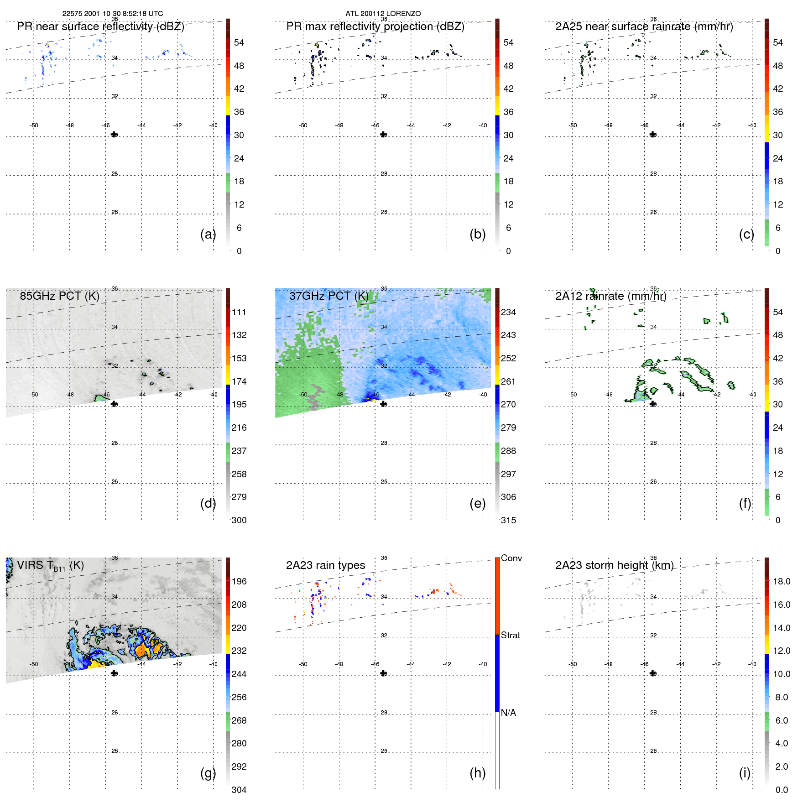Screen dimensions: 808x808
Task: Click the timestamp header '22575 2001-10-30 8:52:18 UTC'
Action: click(x=112, y=14)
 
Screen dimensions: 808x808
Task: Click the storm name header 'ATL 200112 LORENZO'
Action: click(x=383, y=14)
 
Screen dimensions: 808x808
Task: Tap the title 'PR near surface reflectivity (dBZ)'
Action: click(x=100, y=26)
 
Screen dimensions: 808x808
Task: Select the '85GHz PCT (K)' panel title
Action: click(x=59, y=296)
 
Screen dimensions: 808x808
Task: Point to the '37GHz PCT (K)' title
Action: click(x=328, y=296)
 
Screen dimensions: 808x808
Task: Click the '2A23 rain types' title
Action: click(x=325, y=566)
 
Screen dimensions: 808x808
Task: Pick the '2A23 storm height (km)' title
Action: click(x=614, y=566)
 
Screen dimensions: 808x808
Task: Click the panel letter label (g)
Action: click(x=208, y=773)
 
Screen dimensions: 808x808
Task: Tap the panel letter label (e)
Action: click(x=477, y=504)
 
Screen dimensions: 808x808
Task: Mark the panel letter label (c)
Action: click(x=746, y=235)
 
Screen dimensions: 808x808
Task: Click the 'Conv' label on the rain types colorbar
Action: click(x=511, y=558)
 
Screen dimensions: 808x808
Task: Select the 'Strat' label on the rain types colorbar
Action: click(x=510, y=636)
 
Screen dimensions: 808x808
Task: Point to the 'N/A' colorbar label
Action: click(x=508, y=713)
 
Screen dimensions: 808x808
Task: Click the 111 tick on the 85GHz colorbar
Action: click(x=239, y=313)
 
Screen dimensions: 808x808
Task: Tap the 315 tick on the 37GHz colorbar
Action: click(x=508, y=521)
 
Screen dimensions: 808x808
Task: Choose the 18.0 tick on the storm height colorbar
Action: click(x=781, y=582)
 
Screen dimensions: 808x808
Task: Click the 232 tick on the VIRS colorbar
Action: click(x=239, y=651)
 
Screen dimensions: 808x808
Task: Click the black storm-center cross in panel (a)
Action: click(x=114, y=135)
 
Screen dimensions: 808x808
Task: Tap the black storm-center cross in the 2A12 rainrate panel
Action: click(x=653, y=404)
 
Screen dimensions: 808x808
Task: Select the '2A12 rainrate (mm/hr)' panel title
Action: click(x=610, y=296)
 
